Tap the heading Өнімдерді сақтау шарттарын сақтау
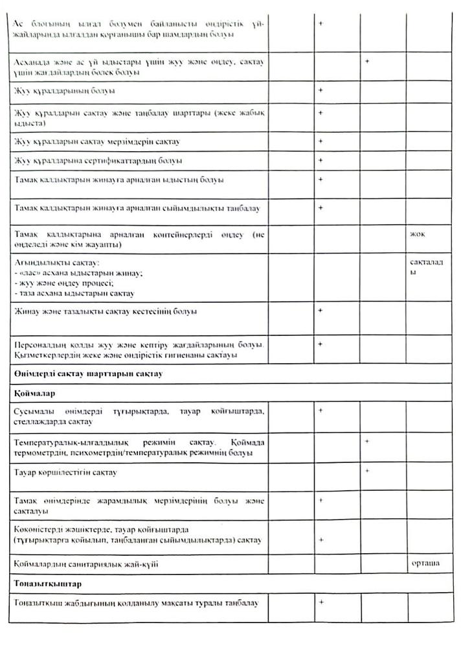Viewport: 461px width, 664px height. click(87, 373)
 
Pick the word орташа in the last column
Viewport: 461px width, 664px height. click(425, 563)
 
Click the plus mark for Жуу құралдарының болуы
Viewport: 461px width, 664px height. click(320, 90)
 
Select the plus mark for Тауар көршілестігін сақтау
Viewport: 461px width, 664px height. click(366, 470)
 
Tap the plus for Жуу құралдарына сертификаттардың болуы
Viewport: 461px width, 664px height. click(320, 160)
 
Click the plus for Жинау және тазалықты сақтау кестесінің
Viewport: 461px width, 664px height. click(320, 311)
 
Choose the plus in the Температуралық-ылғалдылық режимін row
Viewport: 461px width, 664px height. click(366, 441)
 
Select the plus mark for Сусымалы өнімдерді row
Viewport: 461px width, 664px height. click(320, 410)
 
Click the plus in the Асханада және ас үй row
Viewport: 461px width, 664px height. click(366, 61)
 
